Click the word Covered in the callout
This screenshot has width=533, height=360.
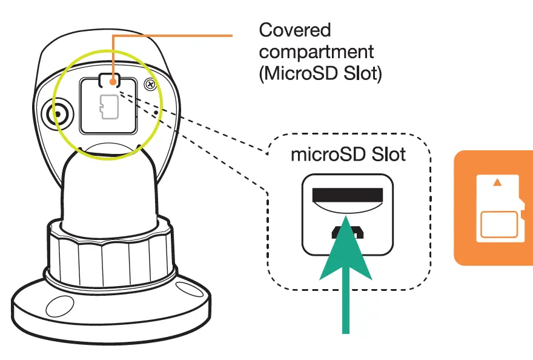click(x=295, y=30)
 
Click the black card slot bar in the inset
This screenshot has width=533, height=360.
click(x=348, y=195)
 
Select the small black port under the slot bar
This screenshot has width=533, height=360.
click(x=347, y=231)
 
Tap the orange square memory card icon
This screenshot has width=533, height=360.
click(x=494, y=207)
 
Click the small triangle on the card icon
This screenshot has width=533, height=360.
click(x=497, y=181)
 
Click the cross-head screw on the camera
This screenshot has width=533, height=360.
click(x=148, y=85)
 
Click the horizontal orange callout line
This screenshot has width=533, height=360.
click(x=176, y=36)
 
